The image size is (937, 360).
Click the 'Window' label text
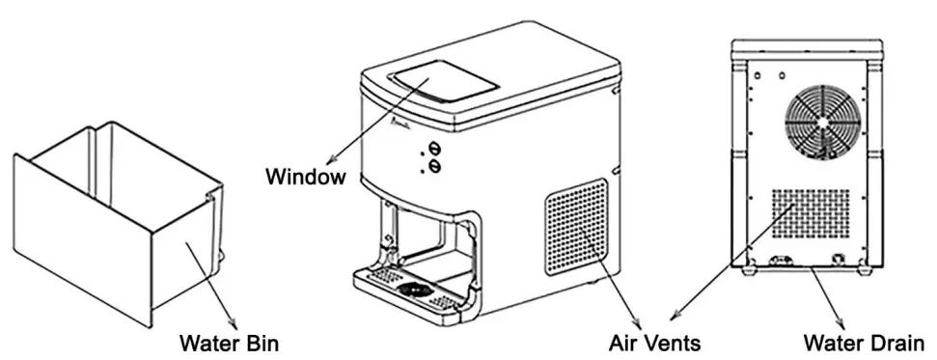306,177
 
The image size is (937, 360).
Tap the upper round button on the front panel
433,149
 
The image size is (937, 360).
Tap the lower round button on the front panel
433,167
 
